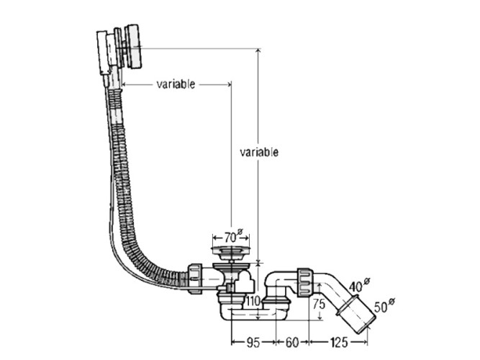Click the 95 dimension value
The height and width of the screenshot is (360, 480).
(253, 342)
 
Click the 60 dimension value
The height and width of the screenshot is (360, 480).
(291, 342)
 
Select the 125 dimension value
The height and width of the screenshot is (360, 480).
(338, 342)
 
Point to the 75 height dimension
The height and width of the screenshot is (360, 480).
(319, 305)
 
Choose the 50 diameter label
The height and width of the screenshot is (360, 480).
(384, 305)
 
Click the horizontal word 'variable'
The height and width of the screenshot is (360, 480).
(176, 84)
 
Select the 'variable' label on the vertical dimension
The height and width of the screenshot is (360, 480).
(259, 152)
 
